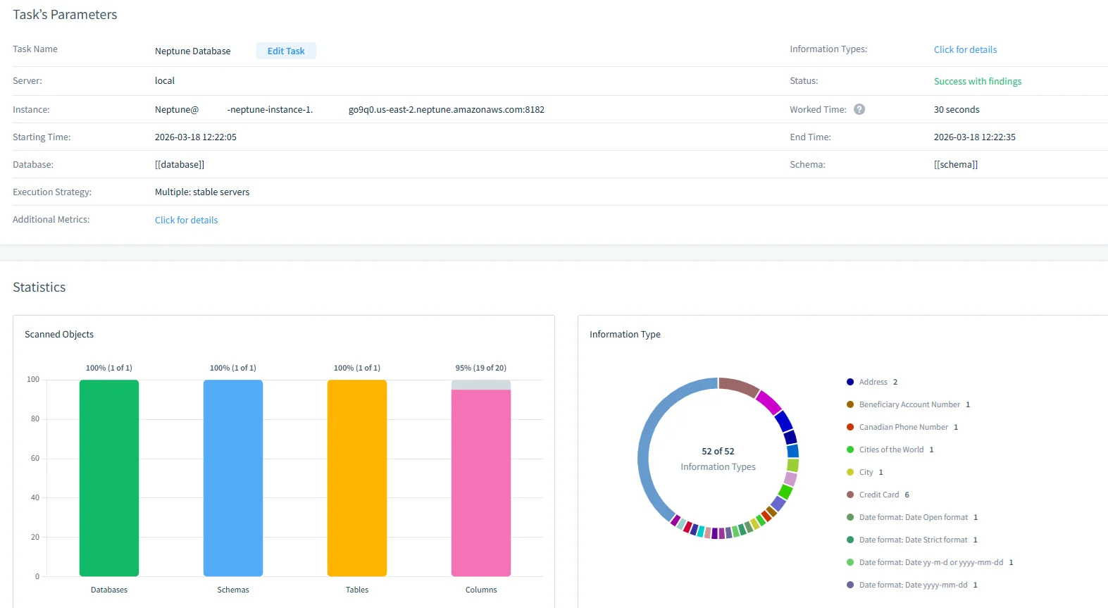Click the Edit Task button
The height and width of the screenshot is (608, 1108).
coord(286,51)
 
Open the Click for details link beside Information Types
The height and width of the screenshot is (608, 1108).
coord(965,49)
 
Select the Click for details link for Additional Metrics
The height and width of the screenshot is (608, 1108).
coord(186,220)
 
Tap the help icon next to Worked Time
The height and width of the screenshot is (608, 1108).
coord(859,109)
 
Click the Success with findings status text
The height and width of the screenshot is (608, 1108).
coord(977,81)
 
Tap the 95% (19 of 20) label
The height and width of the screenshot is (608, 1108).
coord(481,368)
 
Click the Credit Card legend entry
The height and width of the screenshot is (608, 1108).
coord(878,495)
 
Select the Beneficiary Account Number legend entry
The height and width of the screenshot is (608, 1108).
coord(909,404)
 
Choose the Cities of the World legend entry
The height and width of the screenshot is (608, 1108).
coord(890,449)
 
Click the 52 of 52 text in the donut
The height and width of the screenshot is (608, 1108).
coord(718,451)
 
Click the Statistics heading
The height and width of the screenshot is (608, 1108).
coord(39,287)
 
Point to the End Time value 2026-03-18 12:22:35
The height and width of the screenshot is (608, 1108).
coord(974,137)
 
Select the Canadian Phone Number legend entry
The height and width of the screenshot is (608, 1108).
coord(903,427)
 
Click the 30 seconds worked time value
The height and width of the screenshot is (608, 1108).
coord(956,109)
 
